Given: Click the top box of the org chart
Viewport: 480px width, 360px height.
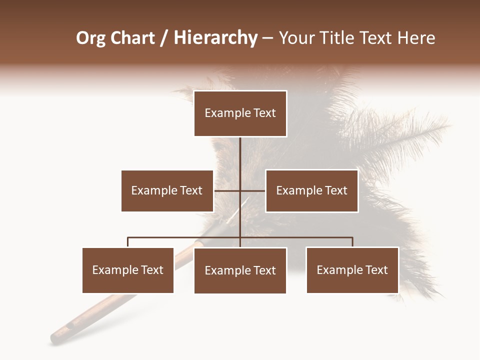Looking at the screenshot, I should tap(240, 113).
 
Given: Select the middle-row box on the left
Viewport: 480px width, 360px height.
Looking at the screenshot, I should tap(167, 190).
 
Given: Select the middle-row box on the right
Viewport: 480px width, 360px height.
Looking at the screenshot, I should tap(311, 190).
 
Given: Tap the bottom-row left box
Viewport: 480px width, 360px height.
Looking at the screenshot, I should tap(128, 270).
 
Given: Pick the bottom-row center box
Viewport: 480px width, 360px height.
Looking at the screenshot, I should tap(240, 270).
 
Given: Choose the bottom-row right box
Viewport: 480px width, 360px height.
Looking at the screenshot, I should tap(352, 270).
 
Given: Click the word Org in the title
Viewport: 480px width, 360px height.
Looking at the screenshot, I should tap(91, 38).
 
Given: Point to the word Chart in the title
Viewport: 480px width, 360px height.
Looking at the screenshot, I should tap(133, 38).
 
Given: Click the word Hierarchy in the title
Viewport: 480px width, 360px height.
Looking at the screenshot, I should tap(215, 38).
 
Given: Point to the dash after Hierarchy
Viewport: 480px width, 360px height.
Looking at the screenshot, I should tap(267, 38).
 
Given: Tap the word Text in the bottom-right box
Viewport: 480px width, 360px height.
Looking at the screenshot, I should tap(376, 270).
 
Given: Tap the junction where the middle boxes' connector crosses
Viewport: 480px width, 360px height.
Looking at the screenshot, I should tap(240, 190).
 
